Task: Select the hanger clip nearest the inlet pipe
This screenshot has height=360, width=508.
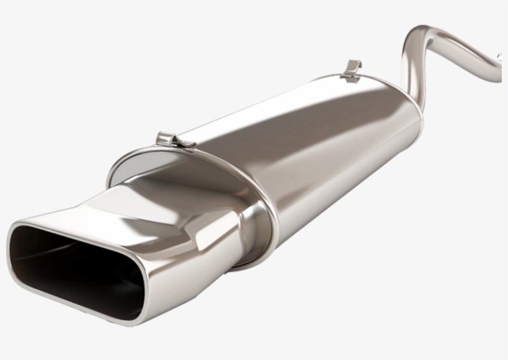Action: click(x=353, y=69)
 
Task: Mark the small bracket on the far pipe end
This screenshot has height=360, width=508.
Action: click(x=499, y=57)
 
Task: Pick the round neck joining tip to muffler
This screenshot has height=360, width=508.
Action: click(x=251, y=229)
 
